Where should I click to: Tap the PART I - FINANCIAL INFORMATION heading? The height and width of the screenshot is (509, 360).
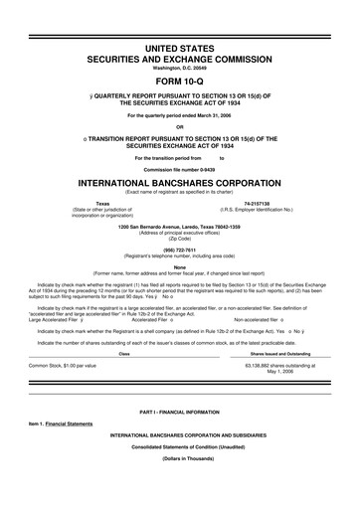click(x=180, y=383)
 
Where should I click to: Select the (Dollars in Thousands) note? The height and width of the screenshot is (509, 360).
click(x=180, y=431)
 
